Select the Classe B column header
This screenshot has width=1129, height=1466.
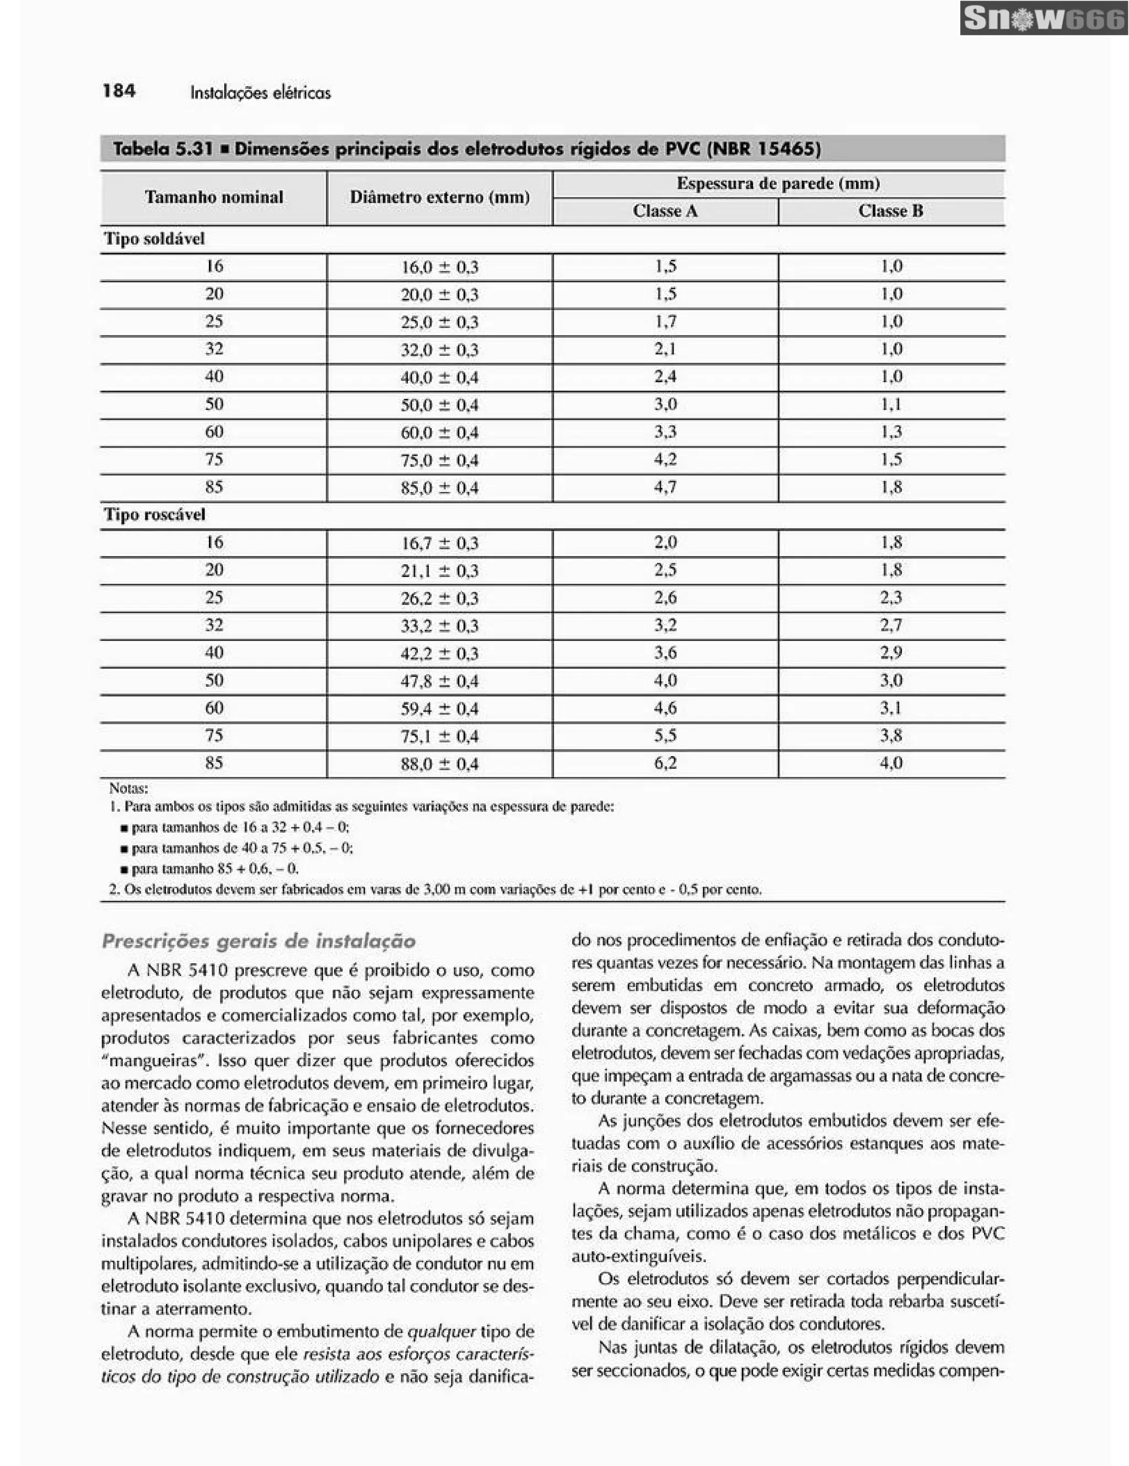pyautogui.click(x=891, y=212)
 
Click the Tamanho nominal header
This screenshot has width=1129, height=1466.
pyautogui.click(x=213, y=197)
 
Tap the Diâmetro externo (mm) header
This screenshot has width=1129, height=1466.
pyautogui.click(x=440, y=197)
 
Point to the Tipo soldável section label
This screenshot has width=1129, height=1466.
pyautogui.click(x=154, y=239)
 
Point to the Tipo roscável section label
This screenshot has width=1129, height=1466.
pyautogui.click(x=154, y=515)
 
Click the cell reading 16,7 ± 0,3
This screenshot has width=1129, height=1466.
pyautogui.click(x=440, y=543)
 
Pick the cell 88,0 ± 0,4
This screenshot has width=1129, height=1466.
pyautogui.click(x=440, y=764)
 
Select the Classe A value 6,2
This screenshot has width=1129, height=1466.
pyautogui.click(x=665, y=763)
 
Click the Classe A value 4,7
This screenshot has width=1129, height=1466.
pyautogui.click(x=665, y=487)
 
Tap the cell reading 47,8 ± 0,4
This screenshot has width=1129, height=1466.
pyautogui.click(x=440, y=681)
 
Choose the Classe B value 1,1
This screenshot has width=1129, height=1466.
pyautogui.click(x=891, y=404)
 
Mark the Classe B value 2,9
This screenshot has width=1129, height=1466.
pyautogui.click(x=891, y=653)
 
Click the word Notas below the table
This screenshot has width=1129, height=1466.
pyautogui.click(x=128, y=788)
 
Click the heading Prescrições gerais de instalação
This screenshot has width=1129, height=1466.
pyautogui.click(x=259, y=941)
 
